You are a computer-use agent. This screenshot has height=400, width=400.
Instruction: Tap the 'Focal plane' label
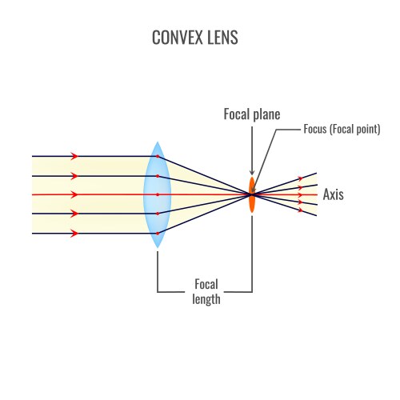click(x=252, y=114)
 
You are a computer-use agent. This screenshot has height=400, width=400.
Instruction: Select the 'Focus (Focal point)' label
click(x=342, y=129)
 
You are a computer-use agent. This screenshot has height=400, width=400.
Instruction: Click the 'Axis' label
click(x=334, y=194)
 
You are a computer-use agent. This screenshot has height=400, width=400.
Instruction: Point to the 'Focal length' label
click(x=206, y=291)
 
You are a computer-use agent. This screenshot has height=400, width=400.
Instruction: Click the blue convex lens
click(x=158, y=194)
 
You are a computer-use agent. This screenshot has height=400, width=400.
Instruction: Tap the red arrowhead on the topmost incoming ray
click(x=74, y=156)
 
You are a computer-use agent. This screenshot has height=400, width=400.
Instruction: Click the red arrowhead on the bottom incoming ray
click(x=74, y=234)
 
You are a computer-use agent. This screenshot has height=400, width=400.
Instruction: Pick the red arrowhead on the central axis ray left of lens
click(x=74, y=194)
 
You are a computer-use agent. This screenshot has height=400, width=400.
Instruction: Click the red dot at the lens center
click(x=158, y=194)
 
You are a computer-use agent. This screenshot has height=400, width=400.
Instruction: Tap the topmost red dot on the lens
click(x=158, y=156)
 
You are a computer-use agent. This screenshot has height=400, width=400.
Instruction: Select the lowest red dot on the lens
click(x=158, y=233)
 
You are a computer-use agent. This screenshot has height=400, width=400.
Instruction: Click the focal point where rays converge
click(x=251, y=194)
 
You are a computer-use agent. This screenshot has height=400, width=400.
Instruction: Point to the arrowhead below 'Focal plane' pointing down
click(x=252, y=172)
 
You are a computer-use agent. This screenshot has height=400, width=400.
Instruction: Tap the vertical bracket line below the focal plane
click(x=252, y=256)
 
